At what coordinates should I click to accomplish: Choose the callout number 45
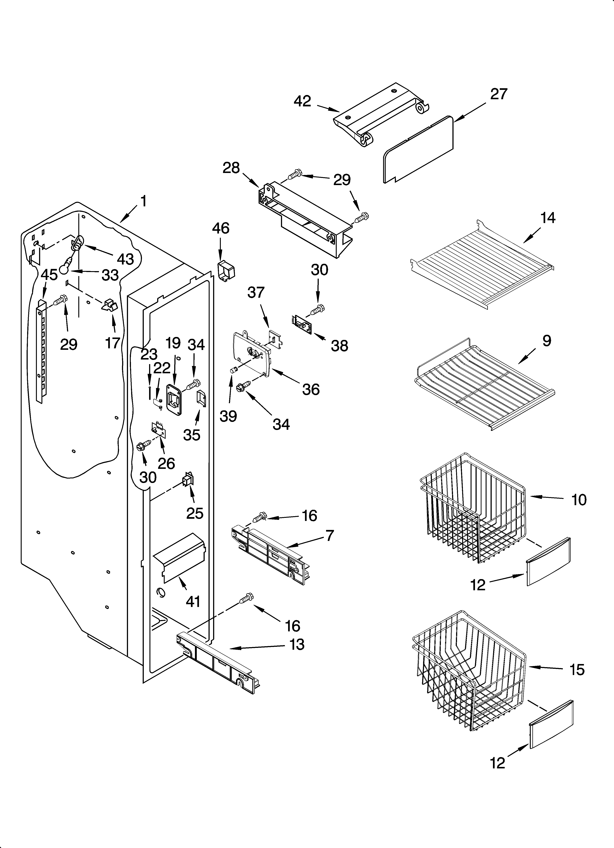pyautogui.click(x=49, y=275)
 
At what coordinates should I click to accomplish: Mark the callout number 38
pyautogui.click(x=339, y=346)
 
